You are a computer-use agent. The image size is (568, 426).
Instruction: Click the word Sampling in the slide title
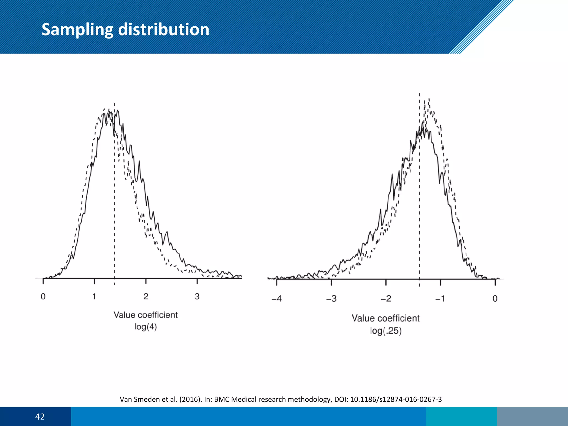click(x=77, y=30)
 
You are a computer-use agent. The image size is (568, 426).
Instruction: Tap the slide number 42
click(x=40, y=417)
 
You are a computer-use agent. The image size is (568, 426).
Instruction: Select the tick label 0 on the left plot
click(x=43, y=296)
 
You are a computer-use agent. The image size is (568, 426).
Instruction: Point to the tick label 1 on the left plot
click(x=94, y=296)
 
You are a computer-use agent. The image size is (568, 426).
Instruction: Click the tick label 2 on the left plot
click(x=146, y=296)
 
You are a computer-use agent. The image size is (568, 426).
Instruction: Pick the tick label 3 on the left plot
click(x=197, y=296)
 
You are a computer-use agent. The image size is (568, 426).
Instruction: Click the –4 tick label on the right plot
click(x=277, y=299)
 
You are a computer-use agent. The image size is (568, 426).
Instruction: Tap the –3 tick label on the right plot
click(x=331, y=299)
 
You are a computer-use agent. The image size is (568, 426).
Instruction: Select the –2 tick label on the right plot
click(x=386, y=299)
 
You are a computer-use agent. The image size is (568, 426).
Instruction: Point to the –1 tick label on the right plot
click(x=440, y=299)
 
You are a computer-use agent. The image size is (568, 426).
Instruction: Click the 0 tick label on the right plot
click(x=495, y=299)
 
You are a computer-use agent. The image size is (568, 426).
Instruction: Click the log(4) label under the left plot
click(x=146, y=327)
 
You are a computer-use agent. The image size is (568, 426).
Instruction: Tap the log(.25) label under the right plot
click(x=386, y=331)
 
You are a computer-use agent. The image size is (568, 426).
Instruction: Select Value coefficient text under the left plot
click(x=146, y=315)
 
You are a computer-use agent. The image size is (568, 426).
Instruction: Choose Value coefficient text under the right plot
click(x=386, y=318)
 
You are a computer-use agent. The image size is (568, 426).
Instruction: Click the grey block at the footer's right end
click(x=532, y=417)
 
